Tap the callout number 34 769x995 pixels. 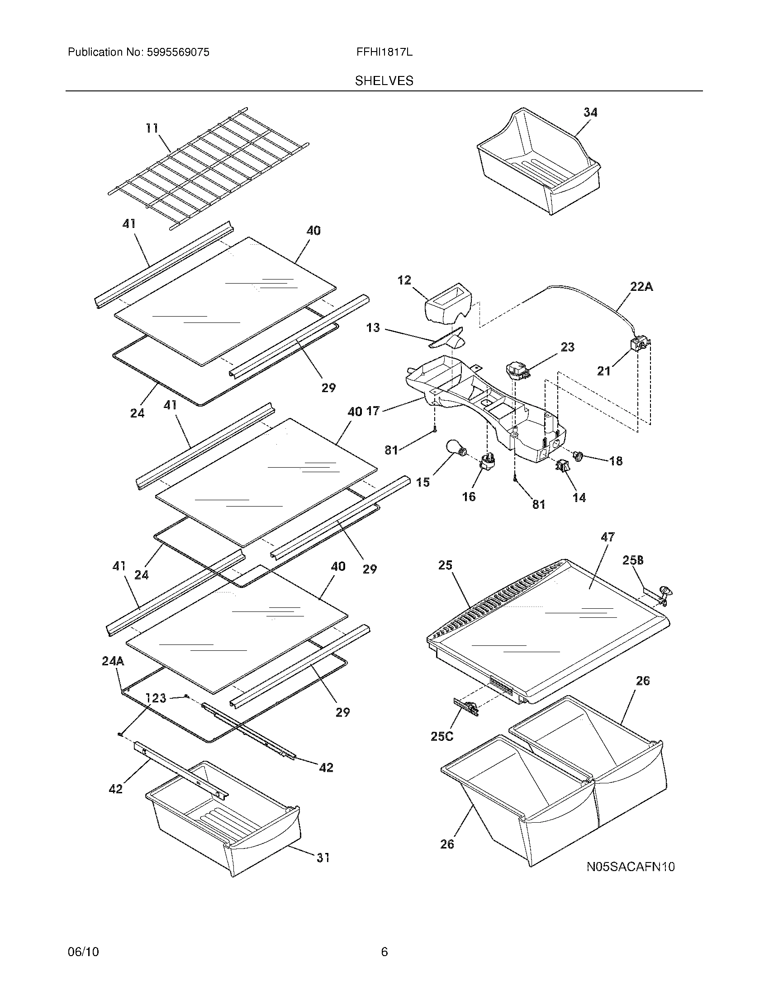(590, 112)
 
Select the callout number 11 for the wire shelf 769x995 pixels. (152, 128)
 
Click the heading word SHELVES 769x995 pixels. (384, 81)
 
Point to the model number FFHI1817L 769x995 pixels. (384, 52)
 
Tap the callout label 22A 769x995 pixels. (641, 287)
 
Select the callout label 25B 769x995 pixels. (633, 561)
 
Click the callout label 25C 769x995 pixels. (442, 737)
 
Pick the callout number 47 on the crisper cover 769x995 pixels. (607, 537)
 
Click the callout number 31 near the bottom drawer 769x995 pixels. (323, 858)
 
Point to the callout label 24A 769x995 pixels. (113, 661)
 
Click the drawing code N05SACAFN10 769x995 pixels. (631, 867)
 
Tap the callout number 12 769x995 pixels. (404, 280)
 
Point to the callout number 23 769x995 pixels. (567, 347)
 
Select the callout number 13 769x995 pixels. (373, 327)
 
